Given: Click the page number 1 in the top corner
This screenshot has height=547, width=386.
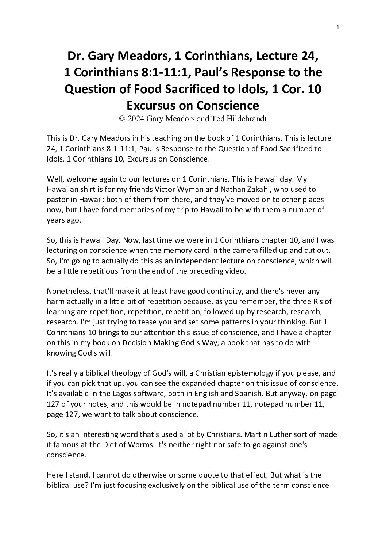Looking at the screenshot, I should click(x=338, y=27).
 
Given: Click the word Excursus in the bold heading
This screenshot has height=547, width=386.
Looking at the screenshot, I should click(x=150, y=105).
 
